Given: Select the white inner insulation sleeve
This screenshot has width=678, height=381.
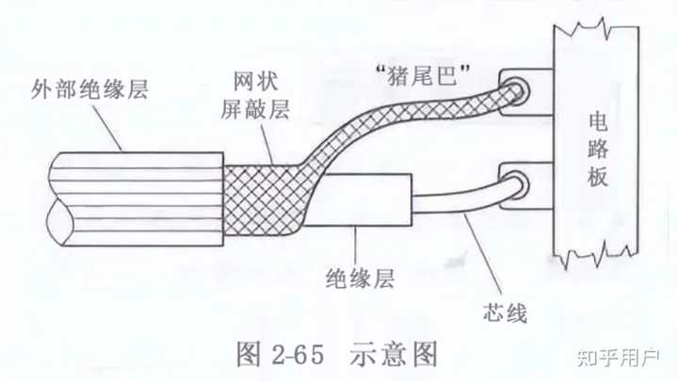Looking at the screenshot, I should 363,202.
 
